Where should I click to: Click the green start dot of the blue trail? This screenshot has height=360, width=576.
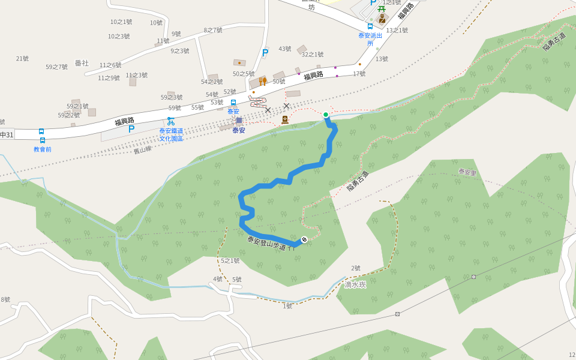(326, 115)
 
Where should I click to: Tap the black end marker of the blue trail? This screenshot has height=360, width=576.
(304, 240)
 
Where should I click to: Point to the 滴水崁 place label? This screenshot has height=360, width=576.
(355, 284)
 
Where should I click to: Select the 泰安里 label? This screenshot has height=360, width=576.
(467, 172)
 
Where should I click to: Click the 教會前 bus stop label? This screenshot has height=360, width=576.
(42, 149)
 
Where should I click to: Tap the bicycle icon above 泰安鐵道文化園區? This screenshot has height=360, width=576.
(171, 121)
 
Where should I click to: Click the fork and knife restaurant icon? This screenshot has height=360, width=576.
(262, 81)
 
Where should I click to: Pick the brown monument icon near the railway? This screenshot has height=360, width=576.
(285, 120)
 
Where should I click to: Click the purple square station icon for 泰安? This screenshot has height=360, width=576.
(239, 121)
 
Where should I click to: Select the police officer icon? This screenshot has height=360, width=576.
(382, 19)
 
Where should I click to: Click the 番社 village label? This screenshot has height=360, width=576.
(82, 62)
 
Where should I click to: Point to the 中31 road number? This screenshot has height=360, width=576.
(7, 134)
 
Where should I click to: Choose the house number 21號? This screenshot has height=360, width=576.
(22, 58)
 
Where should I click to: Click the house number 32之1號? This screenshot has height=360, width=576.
(312, 55)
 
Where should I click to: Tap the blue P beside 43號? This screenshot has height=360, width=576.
(265, 53)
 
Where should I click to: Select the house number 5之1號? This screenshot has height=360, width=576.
(230, 260)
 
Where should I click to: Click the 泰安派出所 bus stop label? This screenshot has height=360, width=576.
(370, 39)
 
